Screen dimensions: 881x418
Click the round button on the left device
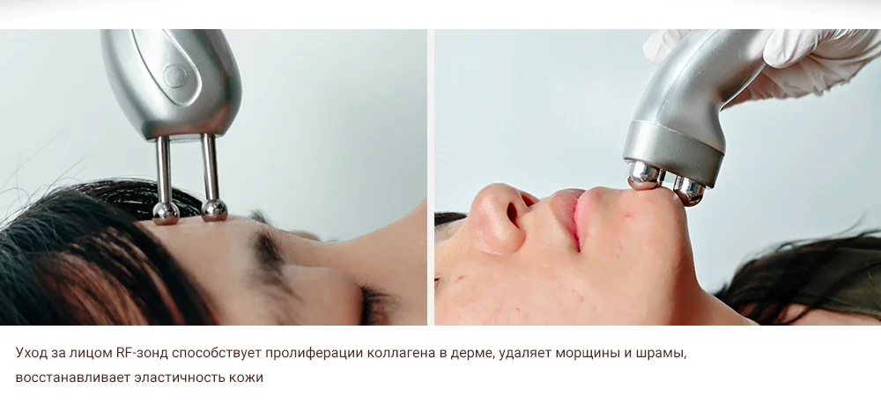(x=174, y=76)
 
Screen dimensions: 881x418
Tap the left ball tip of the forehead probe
(x=166, y=213)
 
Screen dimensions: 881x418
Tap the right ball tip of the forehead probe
(x=215, y=209)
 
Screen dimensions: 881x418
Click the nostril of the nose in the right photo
(x=513, y=215)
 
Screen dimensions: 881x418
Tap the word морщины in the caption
(x=587, y=354)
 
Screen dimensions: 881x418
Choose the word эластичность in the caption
(x=180, y=377)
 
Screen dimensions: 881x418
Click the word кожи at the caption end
(x=246, y=377)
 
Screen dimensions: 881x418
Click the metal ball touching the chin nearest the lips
(x=644, y=175)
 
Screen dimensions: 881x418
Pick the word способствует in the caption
(x=217, y=354)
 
